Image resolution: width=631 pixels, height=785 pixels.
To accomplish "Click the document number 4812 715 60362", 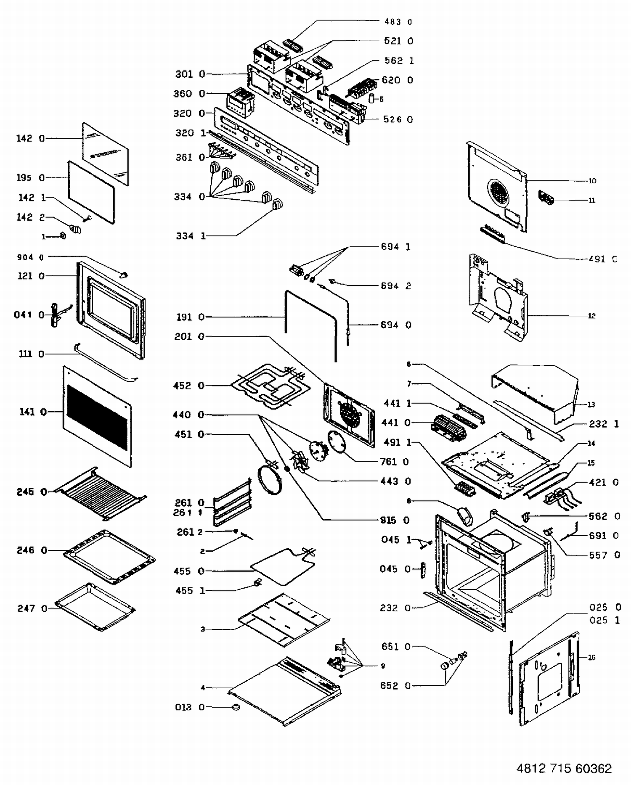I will pyautogui.click(x=564, y=768).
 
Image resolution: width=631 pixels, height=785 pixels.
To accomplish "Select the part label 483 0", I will pyautogui.click(x=398, y=21).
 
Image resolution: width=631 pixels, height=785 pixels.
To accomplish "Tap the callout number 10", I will pyautogui.click(x=592, y=181).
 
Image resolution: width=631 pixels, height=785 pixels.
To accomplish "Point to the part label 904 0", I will pyautogui.click(x=30, y=257).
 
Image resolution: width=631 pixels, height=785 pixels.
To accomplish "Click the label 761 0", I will pyautogui.click(x=394, y=462).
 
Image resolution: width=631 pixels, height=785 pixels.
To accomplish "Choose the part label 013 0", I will pyautogui.click(x=189, y=707).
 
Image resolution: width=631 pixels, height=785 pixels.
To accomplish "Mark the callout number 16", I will pyautogui.click(x=591, y=657).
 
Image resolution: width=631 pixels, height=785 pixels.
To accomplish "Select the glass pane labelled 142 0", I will pyautogui.click(x=105, y=153).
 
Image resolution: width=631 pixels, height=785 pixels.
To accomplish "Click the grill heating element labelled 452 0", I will pyautogui.click(x=269, y=385).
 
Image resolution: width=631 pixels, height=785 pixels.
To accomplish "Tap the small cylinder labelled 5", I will pyautogui.click(x=371, y=99).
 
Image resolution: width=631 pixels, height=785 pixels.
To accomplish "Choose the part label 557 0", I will pyautogui.click(x=604, y=555).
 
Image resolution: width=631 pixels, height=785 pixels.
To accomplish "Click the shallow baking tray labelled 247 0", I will pyautogui.click(x=95, y=607).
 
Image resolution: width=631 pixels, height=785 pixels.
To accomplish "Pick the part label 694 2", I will pyautogui.click(x=395, y=286).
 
